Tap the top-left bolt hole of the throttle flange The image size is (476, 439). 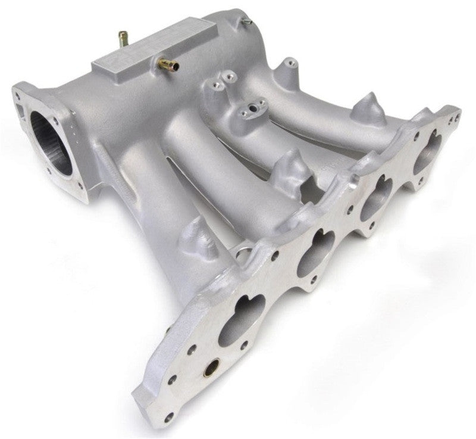click(19, 94)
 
